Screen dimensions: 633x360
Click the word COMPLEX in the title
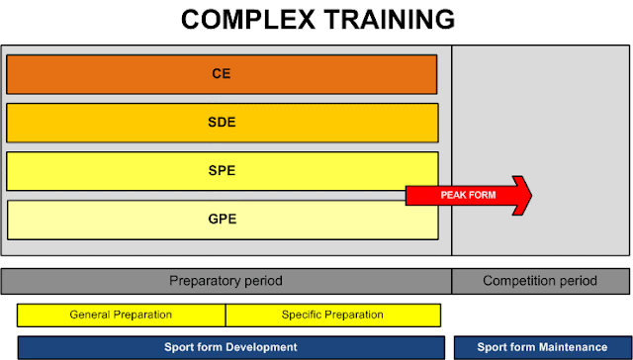[248, 20]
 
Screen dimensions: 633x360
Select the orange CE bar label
[222, 74]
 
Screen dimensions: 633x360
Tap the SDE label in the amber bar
[222, 123]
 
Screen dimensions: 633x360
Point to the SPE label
[222, 171]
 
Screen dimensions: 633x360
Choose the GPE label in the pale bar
[222, 220]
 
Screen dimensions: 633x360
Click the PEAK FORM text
[468, 196]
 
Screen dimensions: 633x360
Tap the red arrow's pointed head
[531, 196]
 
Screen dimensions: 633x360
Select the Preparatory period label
[226, 281]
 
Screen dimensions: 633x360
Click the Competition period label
[540, 281]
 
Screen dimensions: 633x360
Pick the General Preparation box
[121, 315]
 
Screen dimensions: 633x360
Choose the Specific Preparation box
[333, 315]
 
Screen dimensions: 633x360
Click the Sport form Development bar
[230, 347]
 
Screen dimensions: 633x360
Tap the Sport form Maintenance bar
[543, 347]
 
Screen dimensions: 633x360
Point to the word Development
[261, 348]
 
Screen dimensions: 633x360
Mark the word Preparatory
[200, 281]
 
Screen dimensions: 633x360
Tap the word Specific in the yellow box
[298, 315]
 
